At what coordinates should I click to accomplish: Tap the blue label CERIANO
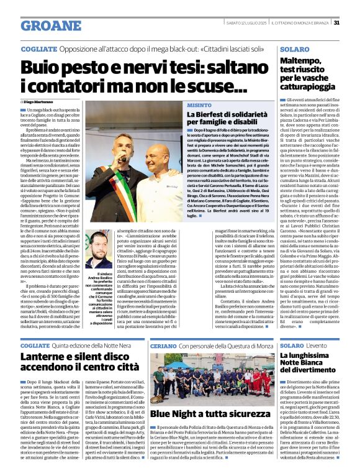click(x=163, y=346)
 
